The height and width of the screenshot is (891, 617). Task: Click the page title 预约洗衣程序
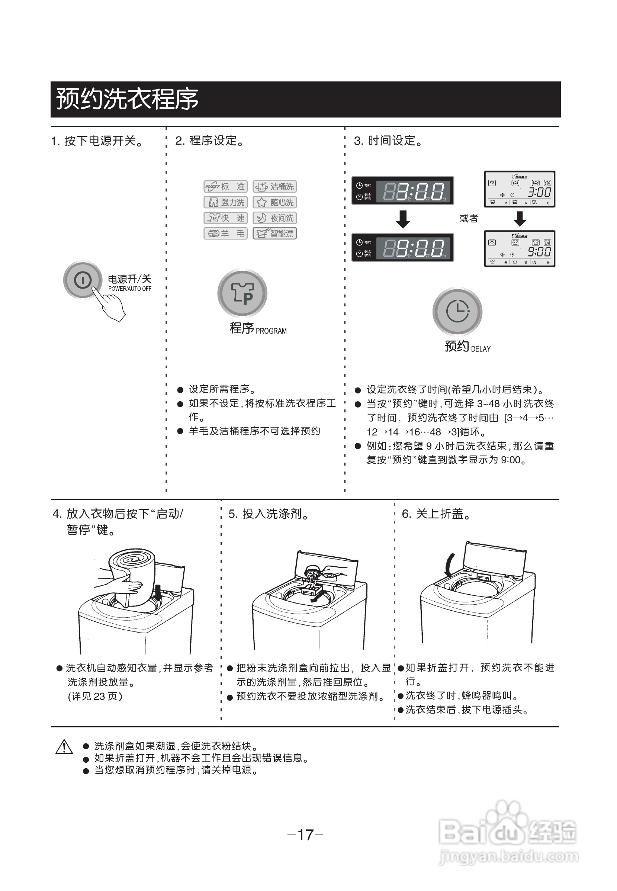pyautogui.click(x=127, y=99)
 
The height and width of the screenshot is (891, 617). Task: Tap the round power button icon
pyautogui.click(x=82, y=280)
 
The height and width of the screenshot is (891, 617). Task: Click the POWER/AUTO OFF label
pyautogui.click(x=130, y=289)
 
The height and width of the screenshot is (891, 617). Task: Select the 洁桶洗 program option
pyautogui.click(x=274, y=187)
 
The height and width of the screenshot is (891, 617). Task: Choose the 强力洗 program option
pyautogui.click(x=226, y=202)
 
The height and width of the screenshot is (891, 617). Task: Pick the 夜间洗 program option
pyautogui.click(x=274, y=218)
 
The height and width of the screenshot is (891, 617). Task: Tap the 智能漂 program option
pyautogui.click(x=274, y=234)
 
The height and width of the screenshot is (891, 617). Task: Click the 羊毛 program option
pyautogui.click(x=226, y=234)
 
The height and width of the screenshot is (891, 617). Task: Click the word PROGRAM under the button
pyautogui.click(x=271, y=331)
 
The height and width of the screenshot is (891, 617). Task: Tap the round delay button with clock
pyautogui.click(x=457, y=311)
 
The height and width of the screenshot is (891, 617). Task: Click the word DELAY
pyautogui.click(x=481, y=349)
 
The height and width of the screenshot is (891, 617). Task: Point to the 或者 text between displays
pyautogui.click(x=469, y=218)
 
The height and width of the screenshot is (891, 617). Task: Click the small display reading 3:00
pyautogui.click(x=520, y=189)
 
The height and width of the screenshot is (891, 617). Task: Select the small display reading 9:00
pyautogui.click(x=520, y=249)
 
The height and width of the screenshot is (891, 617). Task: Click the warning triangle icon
pyautogui.click(x=64, y=747)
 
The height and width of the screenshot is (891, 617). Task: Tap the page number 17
pyautogui.click(x=305, y=834)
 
